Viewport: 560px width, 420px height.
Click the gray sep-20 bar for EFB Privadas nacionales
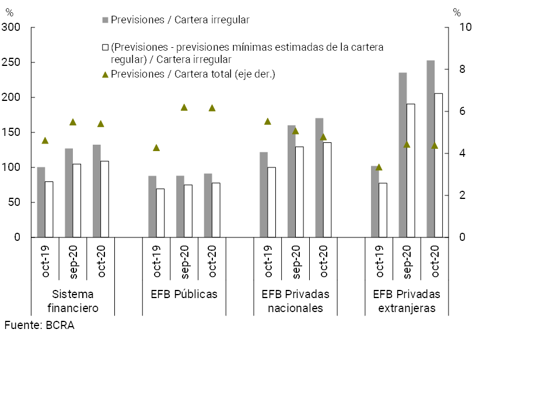(292, 181)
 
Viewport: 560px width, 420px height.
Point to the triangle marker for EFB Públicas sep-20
(184, 107)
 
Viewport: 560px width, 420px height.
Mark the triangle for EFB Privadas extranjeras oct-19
(379, 167)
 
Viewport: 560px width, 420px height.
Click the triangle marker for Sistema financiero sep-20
(73, 122)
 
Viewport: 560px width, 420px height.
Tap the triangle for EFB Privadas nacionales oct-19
(268, 121)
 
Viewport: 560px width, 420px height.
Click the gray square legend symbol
(106, 20)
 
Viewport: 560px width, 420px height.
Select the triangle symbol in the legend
(106, 74)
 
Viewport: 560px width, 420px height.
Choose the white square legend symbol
(106, 47)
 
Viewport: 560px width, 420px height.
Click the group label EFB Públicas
(180, 294)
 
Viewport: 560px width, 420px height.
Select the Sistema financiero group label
(72, 301)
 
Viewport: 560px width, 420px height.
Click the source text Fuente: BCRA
(39, 325)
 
